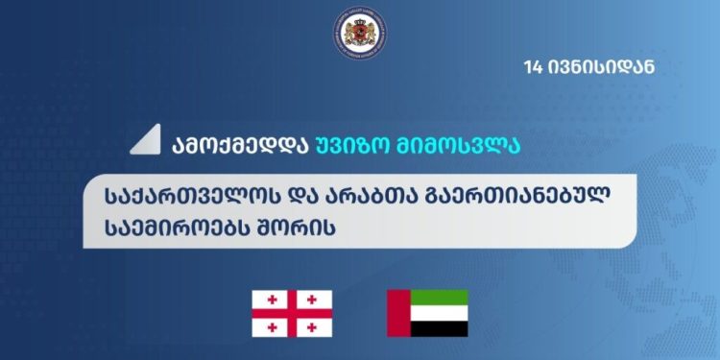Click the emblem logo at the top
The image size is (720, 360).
click(359, 36)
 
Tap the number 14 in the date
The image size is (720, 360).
click(534, 67)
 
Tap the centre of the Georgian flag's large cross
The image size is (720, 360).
click(292, 313)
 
